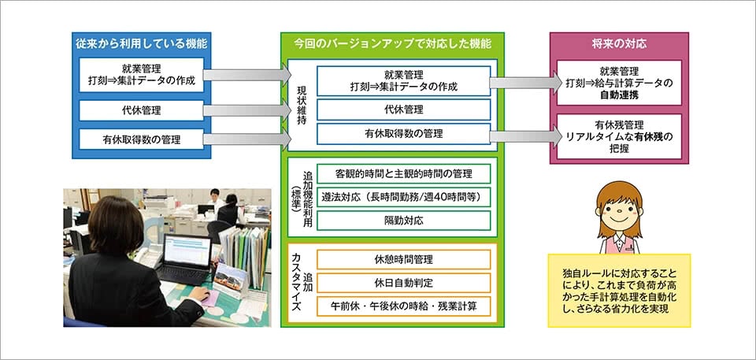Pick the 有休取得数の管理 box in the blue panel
pos(142,140)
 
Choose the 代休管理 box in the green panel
pos(403,109)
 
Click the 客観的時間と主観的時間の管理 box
pos(403,173)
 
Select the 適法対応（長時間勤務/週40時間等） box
pos(403,196)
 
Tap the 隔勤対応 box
pos(403,220)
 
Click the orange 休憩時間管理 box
pos(403,259)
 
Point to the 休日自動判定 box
pos(403,282)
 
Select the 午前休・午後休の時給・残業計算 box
pos(403,305)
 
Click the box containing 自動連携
pos(618,83)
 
